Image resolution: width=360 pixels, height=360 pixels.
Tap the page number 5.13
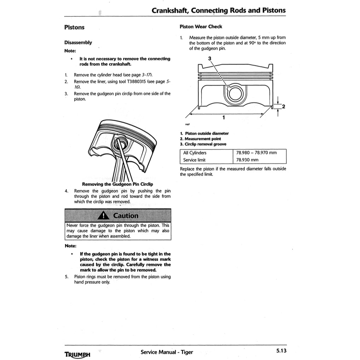pos(281,351)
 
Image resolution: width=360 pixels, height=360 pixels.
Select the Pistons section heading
pos(74,27)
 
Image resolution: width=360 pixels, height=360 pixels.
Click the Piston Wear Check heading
pos(201,27)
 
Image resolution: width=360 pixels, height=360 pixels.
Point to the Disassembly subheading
pos(78,42)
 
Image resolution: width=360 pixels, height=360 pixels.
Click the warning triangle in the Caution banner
pos(103,216)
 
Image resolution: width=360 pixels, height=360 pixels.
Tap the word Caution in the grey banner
pos(126,215)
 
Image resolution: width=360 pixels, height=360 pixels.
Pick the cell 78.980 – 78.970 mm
pos(256,153)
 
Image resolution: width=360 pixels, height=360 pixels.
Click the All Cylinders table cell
pos(195,153)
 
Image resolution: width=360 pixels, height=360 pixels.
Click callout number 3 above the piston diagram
pos(210,58)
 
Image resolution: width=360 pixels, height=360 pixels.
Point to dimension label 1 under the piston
pos(223,117)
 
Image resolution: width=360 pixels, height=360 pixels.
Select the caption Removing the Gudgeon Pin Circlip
pos(117,184)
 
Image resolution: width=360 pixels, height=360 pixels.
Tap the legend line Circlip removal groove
pos(203,144)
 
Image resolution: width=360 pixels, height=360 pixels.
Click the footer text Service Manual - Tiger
pos(167,352)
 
